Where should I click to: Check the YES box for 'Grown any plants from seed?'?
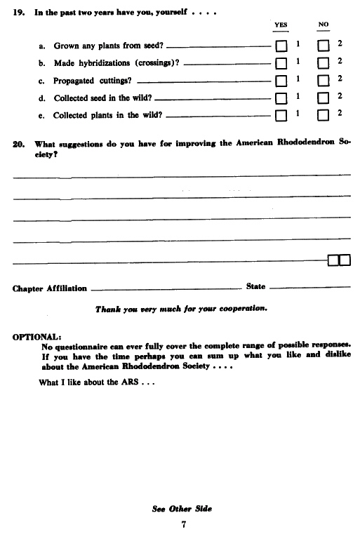pos(281,46)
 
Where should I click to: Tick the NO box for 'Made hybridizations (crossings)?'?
pos(324,64)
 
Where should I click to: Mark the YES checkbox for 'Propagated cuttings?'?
pos(281,81)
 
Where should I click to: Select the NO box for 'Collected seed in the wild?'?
pos(324,98)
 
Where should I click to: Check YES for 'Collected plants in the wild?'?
pos(281,115)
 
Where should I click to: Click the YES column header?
pos(281,25)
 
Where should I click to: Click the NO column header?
pos(324,25)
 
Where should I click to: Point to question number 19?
pos(18,13)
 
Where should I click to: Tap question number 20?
pos(18,143)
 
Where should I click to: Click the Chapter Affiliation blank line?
pos(166,288)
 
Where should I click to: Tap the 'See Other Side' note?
pos(182,508)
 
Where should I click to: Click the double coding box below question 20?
pos(339,261)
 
